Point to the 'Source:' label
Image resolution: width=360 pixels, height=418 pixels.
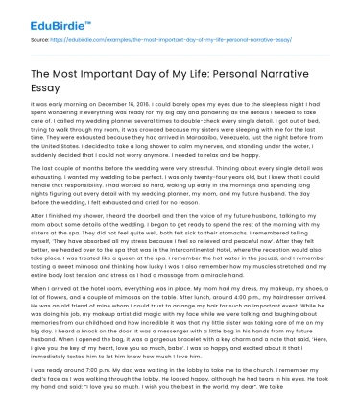(x=42, y=41)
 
